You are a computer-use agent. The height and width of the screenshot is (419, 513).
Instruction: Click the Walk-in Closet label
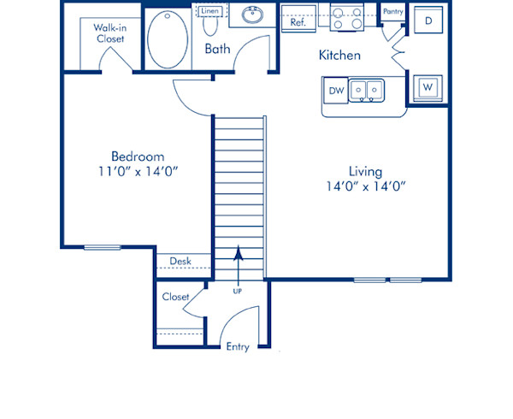click(x=109, y=32)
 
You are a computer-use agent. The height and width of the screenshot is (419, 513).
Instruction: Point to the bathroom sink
click(x=252, y=15)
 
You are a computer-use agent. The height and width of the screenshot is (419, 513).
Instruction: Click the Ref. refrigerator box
click(x=298, y=23)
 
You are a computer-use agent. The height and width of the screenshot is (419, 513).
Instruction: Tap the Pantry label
click(x=393, y=11)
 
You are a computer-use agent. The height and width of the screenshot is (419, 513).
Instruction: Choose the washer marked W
click(x=427, y=86)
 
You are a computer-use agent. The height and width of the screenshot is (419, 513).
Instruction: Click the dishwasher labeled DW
click(x=336, y=89)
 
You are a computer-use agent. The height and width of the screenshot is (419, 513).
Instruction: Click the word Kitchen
click(x=339, y=56)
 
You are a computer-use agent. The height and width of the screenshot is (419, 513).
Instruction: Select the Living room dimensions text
click(x=365, y=186)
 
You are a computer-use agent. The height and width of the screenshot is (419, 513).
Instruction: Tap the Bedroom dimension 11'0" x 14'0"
click(x=138, y=170)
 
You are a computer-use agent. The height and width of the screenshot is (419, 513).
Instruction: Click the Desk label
click(x=180, y=261)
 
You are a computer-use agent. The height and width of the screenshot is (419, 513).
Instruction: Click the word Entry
click(x=237, y=346)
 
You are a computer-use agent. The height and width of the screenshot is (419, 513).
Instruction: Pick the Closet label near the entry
click(x=175, y=297)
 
